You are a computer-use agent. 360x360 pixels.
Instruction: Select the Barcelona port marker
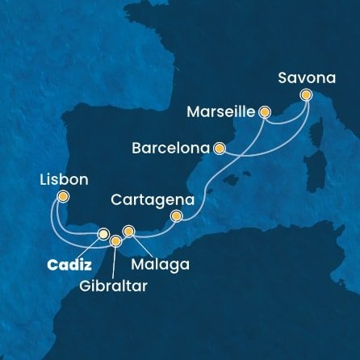coord(218,149)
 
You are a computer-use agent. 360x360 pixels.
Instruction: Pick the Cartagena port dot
coord(178,216)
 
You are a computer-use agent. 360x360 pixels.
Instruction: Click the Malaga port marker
coord(128,232)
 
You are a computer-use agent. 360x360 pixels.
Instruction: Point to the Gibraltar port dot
coord(115,241)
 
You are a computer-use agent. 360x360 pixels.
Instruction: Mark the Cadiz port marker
coord(103,234)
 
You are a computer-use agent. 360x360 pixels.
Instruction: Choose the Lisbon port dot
coord(64,196)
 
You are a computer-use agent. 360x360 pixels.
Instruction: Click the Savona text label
coord(310,77)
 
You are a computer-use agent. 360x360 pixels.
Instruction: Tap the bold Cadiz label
coord(68,265)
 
